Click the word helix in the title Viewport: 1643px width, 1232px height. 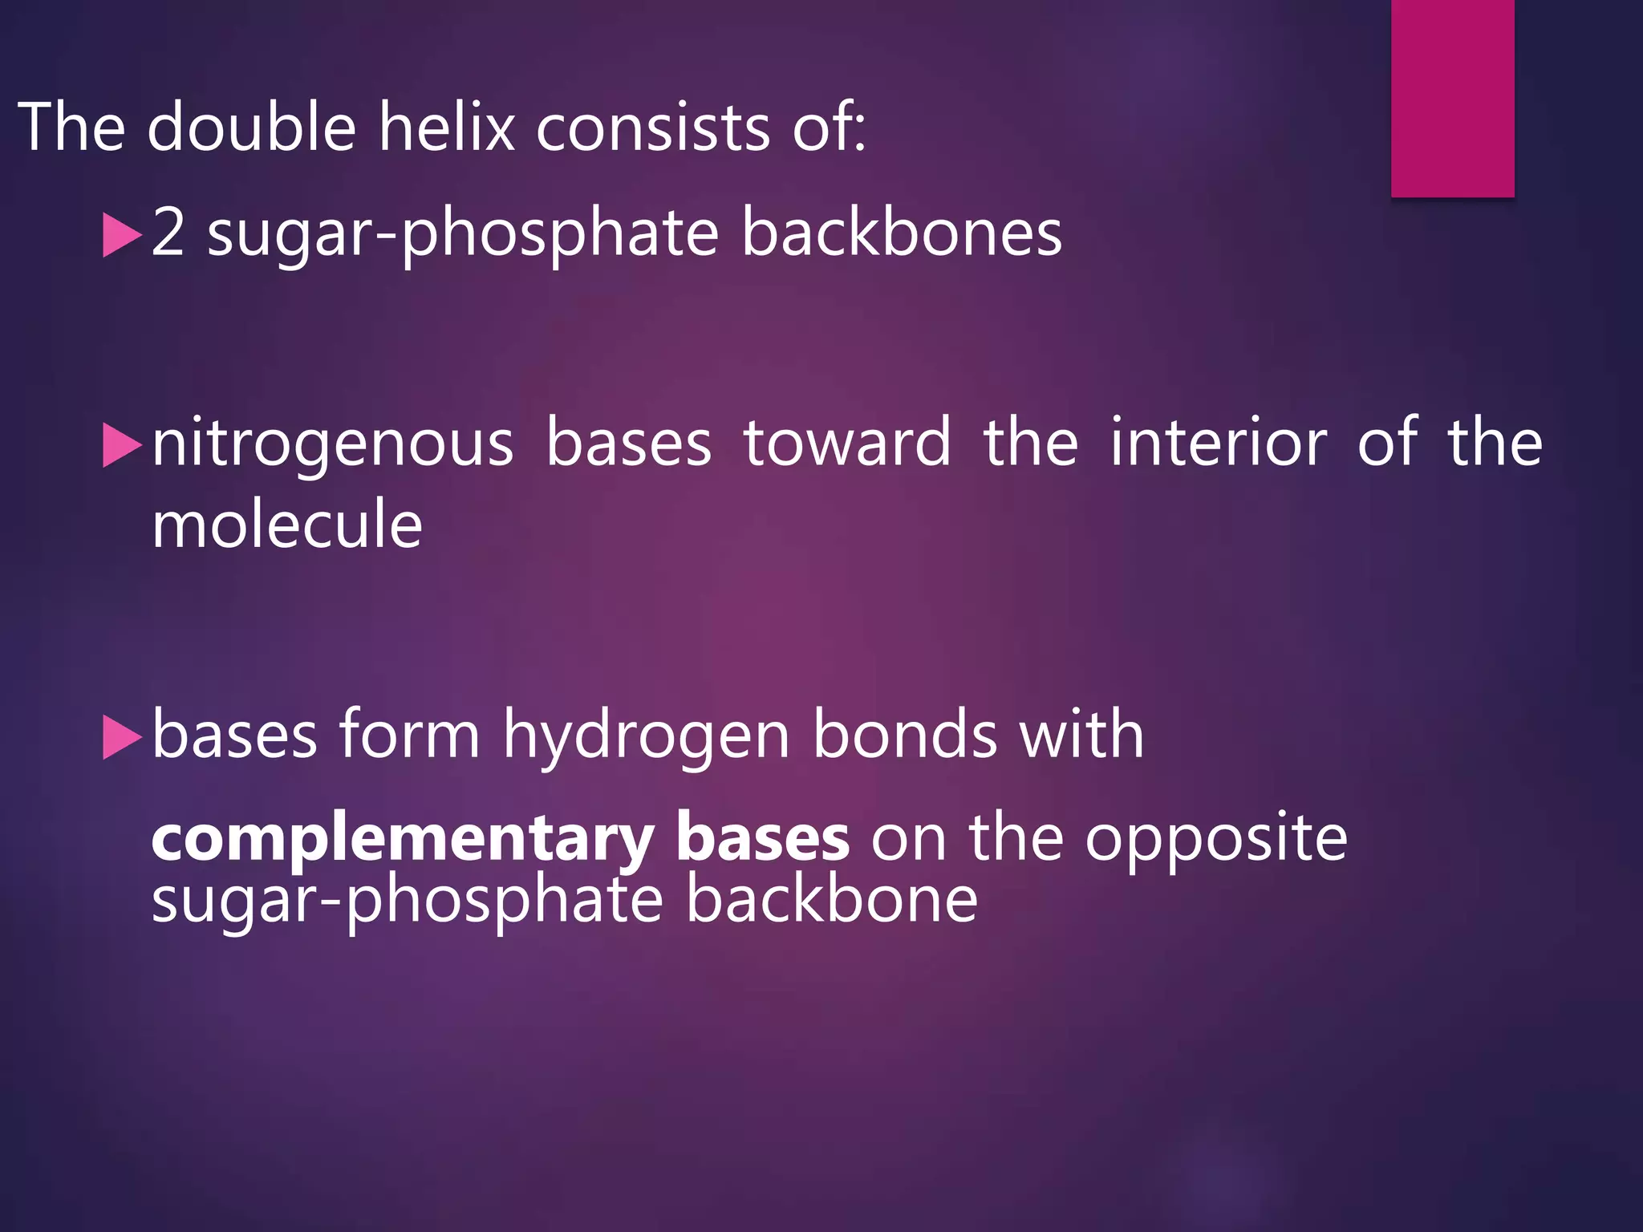(446, 127)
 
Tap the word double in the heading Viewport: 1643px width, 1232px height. (251, 127)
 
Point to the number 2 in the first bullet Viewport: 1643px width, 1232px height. (168, 233)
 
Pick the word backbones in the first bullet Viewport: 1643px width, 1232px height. (902, 233)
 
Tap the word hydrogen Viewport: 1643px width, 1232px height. (647, 736)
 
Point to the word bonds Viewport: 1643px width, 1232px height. (905, 734)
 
